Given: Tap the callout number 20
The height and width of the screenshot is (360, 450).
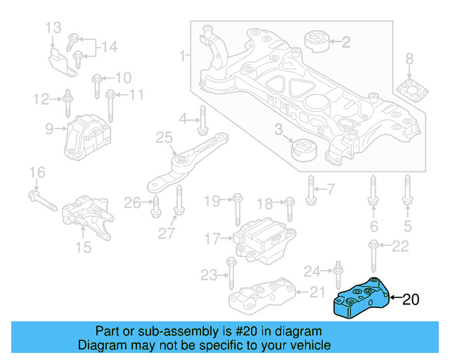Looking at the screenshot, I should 411,300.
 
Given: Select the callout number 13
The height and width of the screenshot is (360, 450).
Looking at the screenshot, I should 53,28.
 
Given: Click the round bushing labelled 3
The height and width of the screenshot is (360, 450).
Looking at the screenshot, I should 304,150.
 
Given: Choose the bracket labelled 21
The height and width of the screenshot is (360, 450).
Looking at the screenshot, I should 264,296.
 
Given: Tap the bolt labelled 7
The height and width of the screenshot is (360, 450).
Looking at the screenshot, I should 311,188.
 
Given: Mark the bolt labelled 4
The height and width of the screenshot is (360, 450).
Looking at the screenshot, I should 202,121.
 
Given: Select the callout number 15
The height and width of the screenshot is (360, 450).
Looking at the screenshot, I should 84,247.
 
